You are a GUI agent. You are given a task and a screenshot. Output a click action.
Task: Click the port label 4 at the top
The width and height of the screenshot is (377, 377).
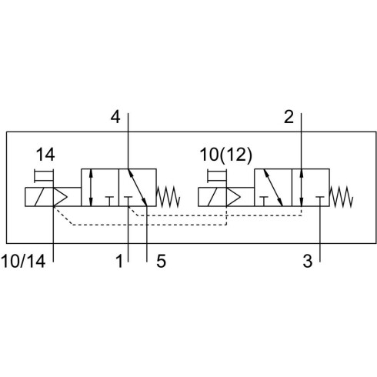[115, 117]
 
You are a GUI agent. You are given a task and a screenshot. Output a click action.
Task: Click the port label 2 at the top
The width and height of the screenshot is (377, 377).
[289, 117]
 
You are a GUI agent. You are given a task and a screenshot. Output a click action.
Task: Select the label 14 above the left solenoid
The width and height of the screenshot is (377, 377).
[45, 155]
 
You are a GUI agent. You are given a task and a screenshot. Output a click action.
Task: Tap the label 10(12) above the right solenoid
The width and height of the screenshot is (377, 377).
[226, 155]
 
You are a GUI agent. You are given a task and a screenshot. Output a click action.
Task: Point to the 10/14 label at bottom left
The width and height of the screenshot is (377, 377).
[23, 262]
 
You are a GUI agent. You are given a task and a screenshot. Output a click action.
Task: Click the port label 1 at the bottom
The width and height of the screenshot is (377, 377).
[119, 262]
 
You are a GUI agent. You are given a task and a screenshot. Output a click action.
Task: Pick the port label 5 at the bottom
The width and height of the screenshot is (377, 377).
[161, 262]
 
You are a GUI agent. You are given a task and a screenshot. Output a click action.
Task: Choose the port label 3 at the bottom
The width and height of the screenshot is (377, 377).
[308, 262]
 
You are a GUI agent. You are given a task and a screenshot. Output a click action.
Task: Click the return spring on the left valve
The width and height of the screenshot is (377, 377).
[168, 197]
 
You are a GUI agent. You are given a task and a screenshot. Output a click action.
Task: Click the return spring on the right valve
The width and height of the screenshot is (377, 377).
[342, 197]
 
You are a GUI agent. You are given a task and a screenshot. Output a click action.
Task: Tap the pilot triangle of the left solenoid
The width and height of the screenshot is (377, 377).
[60, 197]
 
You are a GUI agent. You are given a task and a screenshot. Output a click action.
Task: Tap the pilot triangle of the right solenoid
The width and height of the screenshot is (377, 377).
[233, 197]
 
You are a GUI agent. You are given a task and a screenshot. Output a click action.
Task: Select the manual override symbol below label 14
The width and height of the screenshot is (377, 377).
[44, 175]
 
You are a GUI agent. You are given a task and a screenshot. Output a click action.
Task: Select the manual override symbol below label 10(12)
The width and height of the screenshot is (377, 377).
[217, 175]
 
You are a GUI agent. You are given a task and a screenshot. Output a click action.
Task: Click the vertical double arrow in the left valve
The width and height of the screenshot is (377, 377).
[91, 188]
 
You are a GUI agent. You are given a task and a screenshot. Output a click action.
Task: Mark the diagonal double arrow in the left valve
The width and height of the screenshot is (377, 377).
[137, 188]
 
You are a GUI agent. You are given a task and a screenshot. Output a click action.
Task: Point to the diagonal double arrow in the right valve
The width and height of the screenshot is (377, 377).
[273, 188]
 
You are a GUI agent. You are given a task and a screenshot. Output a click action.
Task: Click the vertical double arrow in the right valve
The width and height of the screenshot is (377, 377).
[302, 188]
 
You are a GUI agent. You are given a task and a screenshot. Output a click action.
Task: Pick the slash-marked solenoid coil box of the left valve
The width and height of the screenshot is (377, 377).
[39, 197]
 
